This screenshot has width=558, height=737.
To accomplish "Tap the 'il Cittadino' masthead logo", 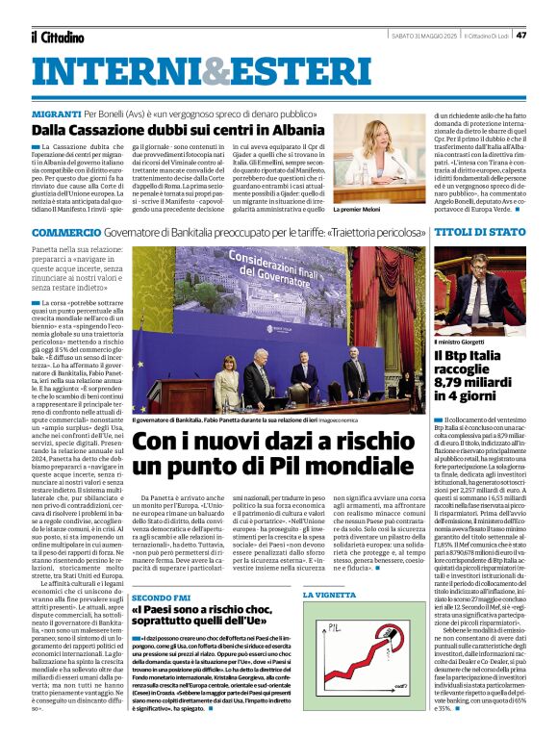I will click(57, 37).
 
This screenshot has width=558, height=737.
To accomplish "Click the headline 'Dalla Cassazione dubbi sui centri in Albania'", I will click(175, 128).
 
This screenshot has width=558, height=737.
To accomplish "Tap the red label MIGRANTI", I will click(60, 113).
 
